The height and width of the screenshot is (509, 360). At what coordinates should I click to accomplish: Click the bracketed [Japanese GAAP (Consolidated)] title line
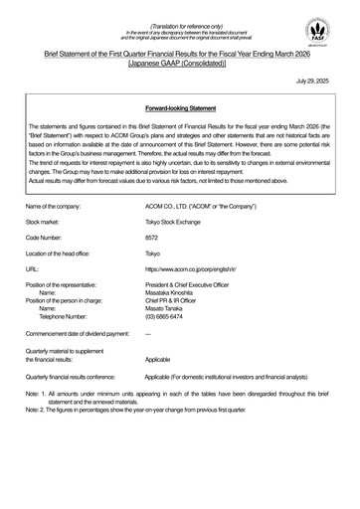(180, 61)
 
